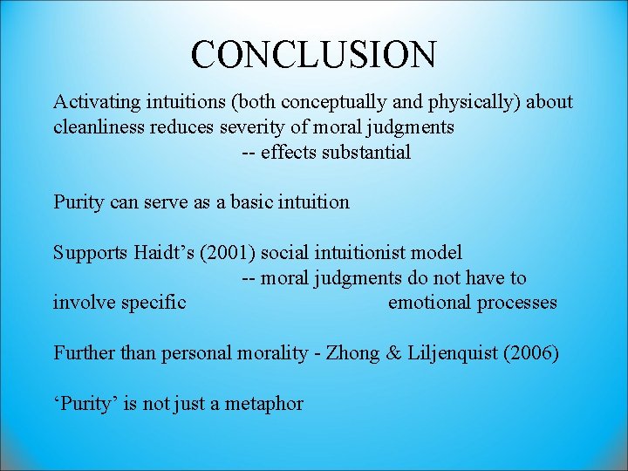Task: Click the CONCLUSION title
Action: tap(313, 54)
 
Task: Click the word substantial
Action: tap(366, 153)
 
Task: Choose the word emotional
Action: tap(429, 303)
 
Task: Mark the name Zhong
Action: tap(352, 353)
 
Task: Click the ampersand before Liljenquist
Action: tap(392, 353)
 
